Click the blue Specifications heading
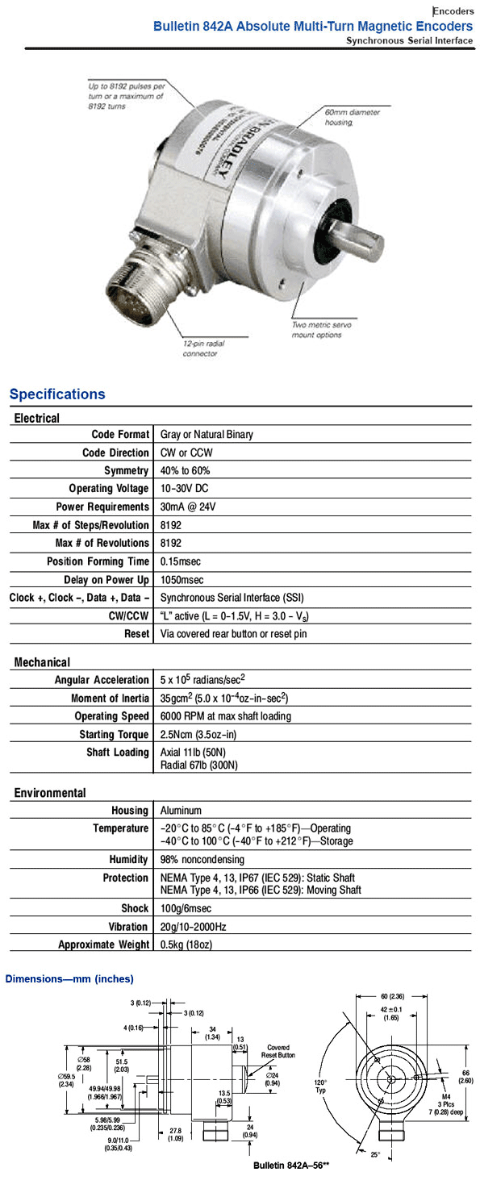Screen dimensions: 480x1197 point(57,394)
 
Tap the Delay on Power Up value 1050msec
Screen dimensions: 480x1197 point(182,580)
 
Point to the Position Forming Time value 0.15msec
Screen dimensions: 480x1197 point(182,561)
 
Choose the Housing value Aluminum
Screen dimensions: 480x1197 point(182,811)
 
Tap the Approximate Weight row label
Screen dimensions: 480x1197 point(103,945)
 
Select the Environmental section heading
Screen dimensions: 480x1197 point(50,793)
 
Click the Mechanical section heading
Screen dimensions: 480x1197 point(42,662)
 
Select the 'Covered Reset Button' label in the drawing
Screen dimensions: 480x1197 point(278,1050)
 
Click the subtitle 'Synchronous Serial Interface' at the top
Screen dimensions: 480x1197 point(409,40)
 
